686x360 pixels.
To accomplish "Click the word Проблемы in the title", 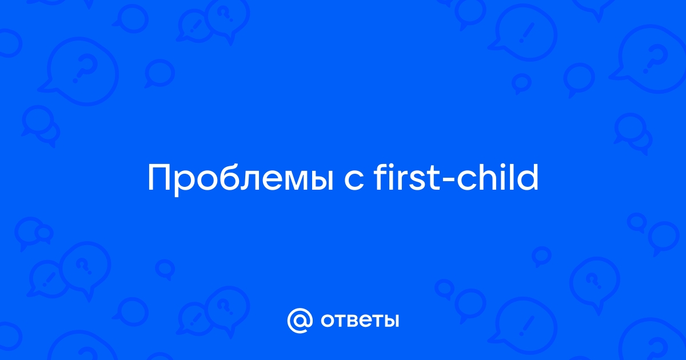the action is point(241,178).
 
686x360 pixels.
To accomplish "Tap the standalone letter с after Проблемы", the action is point(354,182).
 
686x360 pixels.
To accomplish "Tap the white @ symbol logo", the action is point(300,321).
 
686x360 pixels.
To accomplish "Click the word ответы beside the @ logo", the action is point(360,321).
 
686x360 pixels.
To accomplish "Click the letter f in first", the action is point(380,177).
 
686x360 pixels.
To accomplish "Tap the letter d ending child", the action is point(528,177).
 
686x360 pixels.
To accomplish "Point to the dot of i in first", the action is point(392,167).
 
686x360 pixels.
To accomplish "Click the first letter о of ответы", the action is point(328,321).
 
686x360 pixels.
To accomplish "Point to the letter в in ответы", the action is point(354,321).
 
